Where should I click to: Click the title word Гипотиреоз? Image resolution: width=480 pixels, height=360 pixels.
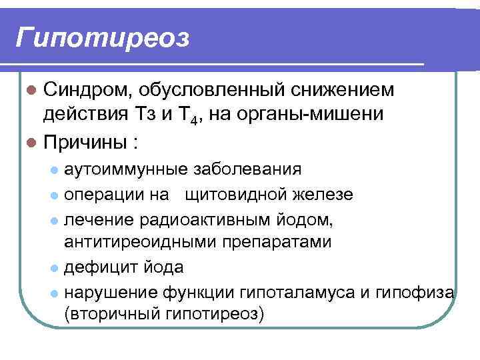point(103,39)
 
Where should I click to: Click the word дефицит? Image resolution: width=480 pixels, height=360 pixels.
point(97,267)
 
